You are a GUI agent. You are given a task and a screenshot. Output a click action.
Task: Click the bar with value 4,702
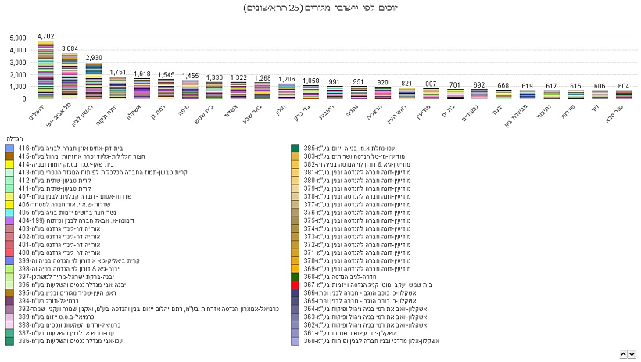(45, 70)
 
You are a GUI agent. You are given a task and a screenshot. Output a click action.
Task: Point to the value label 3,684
(70, 48)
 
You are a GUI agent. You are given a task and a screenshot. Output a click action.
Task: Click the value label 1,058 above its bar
(311, 81)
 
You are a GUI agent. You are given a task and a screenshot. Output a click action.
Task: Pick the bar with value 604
(600, 94)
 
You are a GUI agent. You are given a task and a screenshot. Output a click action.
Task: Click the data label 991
(335, 81)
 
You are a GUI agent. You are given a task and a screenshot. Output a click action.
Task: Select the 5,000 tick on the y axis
(18, 38)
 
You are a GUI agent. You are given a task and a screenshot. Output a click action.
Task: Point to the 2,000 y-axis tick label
(18, 75)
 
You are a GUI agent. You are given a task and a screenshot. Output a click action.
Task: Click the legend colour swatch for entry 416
(9, 147)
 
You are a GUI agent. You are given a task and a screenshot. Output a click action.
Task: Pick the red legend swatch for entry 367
(295, 285)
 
